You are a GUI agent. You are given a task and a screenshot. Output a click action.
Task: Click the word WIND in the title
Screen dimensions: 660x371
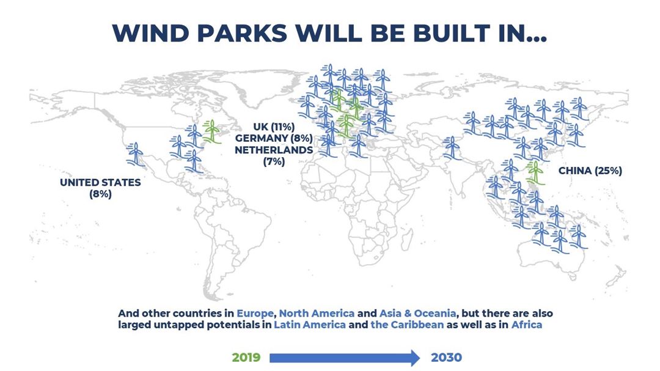point(151,33)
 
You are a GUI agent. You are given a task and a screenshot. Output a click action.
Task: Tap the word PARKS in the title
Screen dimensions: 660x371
point(242,33)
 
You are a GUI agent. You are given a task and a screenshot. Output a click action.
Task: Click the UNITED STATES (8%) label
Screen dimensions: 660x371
point(100,188)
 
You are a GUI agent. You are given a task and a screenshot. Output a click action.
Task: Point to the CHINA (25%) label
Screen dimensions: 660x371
point(590,171)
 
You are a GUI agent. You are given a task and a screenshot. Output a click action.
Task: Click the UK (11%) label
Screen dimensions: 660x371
point(274,127)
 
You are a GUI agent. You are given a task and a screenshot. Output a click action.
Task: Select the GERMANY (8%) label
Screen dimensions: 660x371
point(274,138)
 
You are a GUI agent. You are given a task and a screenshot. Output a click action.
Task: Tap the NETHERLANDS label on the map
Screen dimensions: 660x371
point(274,150)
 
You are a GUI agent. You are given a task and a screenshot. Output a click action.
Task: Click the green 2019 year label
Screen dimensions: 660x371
point(246,358)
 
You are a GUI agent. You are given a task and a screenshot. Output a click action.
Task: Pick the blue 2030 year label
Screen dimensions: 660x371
point(446,358)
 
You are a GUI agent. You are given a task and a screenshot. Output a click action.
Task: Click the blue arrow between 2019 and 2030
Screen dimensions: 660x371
point(345,358)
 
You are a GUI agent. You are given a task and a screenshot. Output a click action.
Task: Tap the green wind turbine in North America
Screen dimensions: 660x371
point(211,132)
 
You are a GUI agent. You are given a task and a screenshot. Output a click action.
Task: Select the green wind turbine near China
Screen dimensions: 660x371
point(535,172)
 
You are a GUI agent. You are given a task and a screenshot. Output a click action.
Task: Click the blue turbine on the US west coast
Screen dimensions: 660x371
point(136,154)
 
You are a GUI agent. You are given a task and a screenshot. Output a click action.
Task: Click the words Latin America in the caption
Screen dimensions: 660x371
point(310,325)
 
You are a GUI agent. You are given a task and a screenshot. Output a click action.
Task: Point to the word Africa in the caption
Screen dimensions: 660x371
point(527,325)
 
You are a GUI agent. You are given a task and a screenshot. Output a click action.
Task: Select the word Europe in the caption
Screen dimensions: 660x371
point(255,314)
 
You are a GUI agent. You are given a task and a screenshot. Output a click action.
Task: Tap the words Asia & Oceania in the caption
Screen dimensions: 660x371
point(417,314)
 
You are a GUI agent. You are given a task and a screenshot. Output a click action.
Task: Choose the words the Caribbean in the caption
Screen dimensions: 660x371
point(407,325)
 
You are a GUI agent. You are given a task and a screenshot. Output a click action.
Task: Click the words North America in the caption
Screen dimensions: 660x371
point(317,314)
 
